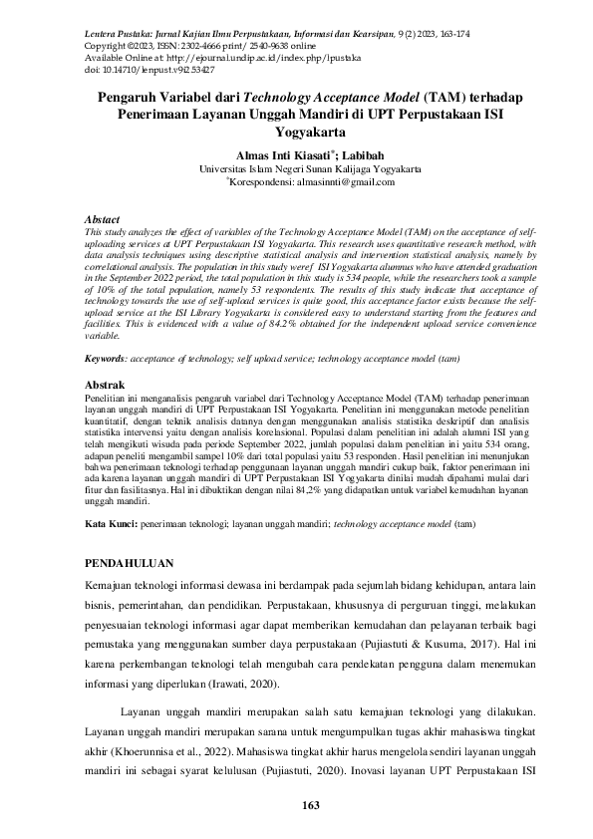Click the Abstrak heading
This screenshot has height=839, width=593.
click(x=105, y=385)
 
